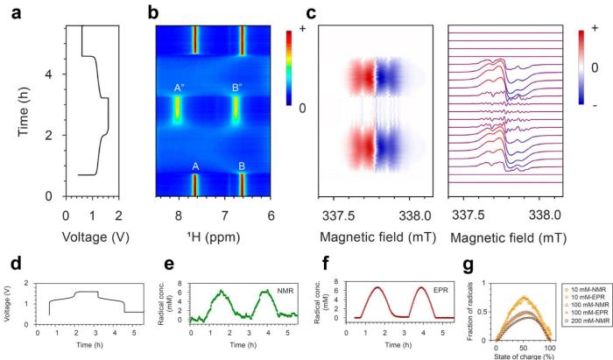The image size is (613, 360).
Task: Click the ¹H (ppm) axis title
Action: pos(214,236)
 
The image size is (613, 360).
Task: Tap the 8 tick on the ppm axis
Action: pos(179,215)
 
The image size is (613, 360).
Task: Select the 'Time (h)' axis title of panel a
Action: pos(25,110)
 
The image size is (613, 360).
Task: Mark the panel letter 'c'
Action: pos(306,13)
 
